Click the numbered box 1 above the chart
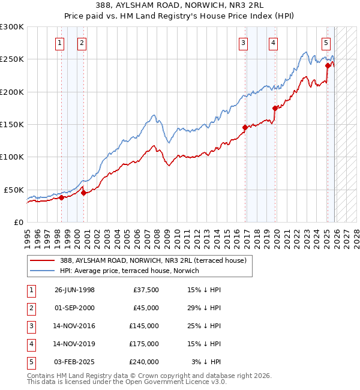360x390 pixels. coord(60,43)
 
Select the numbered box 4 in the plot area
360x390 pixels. coord(273,43)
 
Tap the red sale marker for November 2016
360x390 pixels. coord(245,127)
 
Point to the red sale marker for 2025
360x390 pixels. coord(328,66)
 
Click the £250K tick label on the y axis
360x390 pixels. coord(12,59)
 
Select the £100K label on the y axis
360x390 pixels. coord(12,157)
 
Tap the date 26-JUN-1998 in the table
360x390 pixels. coord(74,290)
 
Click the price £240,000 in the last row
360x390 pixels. coord(144,362)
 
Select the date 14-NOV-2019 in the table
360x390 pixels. coord(74,344)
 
